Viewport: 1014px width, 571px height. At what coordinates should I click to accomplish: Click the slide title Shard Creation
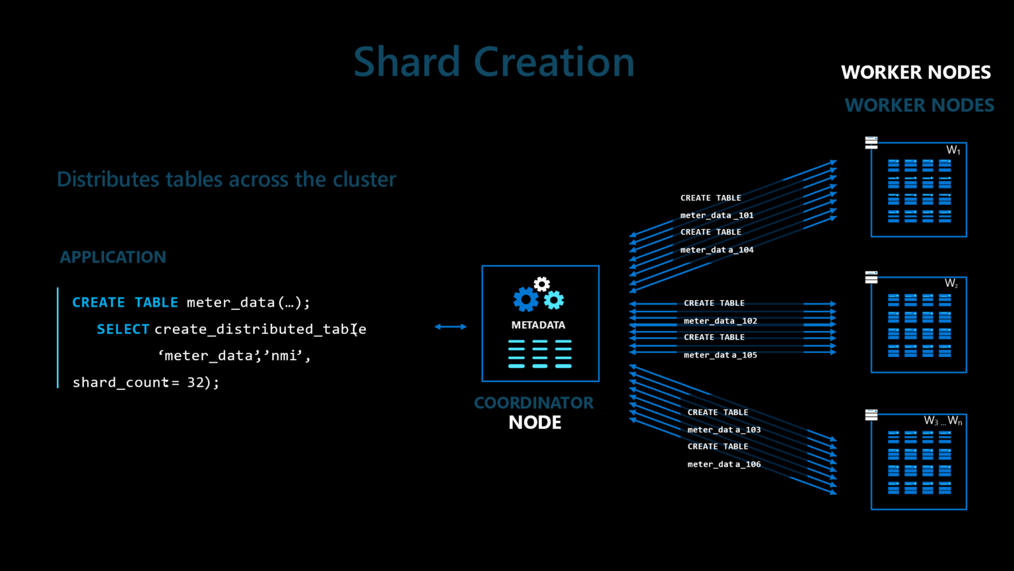click(x=494, y=62)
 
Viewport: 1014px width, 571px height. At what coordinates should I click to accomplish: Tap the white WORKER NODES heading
click(x=916, y=72)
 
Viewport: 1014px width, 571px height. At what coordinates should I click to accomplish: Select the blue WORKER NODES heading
click(x=919, y=105)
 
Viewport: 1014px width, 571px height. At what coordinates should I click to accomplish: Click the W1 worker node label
click(x=953, y=151)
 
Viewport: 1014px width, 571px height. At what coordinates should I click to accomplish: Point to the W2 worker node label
click(x=951, y=284)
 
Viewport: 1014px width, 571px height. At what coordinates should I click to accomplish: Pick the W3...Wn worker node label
click(x=943, y=421)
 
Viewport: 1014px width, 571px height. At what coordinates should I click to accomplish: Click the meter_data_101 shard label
click(x=717, y=215)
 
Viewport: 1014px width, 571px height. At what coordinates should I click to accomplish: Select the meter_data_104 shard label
click(x=717, y=250)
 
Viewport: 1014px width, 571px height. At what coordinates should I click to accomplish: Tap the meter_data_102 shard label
click(x=720, y=321)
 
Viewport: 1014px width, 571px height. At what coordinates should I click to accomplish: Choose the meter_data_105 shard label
click(x=720, y=355)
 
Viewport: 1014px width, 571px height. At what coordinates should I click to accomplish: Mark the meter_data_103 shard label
click(x=724, y=430)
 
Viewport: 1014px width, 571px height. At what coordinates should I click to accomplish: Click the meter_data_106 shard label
click(x=724, y=464)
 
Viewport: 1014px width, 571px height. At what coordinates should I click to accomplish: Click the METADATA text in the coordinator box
click(x=538, y=325)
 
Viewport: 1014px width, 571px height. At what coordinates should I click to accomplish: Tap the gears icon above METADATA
click(x=539, y=295)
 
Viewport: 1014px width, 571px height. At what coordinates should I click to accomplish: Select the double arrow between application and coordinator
click(x=450, y=326)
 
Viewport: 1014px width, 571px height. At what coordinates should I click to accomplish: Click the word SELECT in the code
click(x=123, y=329)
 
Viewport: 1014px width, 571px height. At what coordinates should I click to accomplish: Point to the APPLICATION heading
click(x=113, y=257)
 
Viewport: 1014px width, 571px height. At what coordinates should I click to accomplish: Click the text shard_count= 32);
click(x=145, y=383)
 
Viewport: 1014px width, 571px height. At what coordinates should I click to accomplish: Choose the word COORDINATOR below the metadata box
click(x=533, y=402)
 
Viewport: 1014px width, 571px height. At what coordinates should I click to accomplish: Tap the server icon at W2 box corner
click(x=871, y=277)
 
